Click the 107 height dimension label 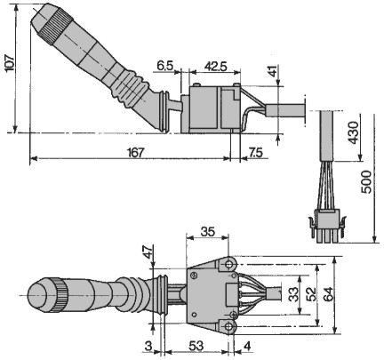pos(10,63)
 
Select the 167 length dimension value pos(136,153)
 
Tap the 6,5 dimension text pos(165,66)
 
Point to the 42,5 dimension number pos(216,67)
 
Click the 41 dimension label pos(273,71)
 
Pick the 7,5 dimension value pos(256,153)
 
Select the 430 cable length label pos(353,132)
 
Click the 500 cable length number pos(366,181)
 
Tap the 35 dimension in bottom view pos(207,231)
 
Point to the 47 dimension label pos(148,252)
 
